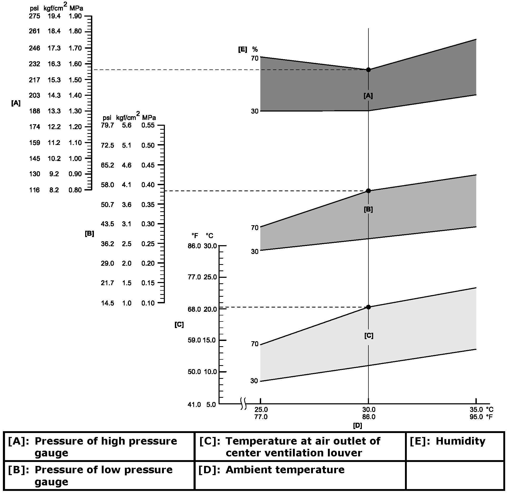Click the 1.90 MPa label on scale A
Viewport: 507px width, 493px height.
[x=75, y=16]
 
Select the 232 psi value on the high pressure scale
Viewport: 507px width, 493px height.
[x=34, y=64]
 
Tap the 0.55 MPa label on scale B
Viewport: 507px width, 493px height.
[x=148, y=125]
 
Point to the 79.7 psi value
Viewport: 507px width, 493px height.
[x=107, y=125]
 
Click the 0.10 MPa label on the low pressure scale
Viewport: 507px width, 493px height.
[x=148, y=303]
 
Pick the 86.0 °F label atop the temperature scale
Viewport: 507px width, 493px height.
[x=194, y=246]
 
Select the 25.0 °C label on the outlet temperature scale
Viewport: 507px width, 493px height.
[x=210, y=277]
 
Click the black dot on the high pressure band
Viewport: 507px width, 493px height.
[x=368, y=70]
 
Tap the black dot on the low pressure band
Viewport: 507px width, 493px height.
[x=368, y=191]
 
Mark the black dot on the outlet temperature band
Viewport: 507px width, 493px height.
[x=368, y=307]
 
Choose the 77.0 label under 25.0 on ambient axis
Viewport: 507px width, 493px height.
[x=261, y=417]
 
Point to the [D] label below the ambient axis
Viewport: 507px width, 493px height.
[x=357, y=426]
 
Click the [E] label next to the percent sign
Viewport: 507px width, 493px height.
[x=242, y=49]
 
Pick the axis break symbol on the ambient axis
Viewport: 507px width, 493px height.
[x=244, y=404]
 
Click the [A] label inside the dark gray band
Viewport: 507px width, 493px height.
[x=368, y=96]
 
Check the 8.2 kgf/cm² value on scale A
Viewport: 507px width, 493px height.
[x=54, y=190]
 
